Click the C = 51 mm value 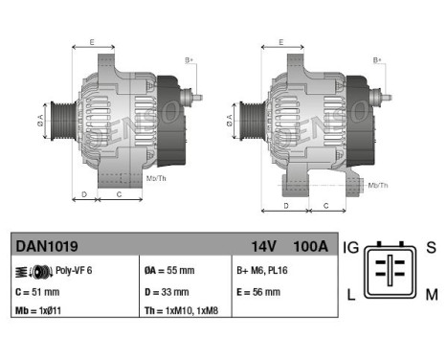point(38,292)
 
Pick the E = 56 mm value point(258,292)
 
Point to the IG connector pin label point(352,247)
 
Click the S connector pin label point(432,247)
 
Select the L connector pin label point(352,294)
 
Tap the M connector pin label point(432,294)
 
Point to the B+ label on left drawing point(189,61)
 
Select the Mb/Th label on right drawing point(378,184)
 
